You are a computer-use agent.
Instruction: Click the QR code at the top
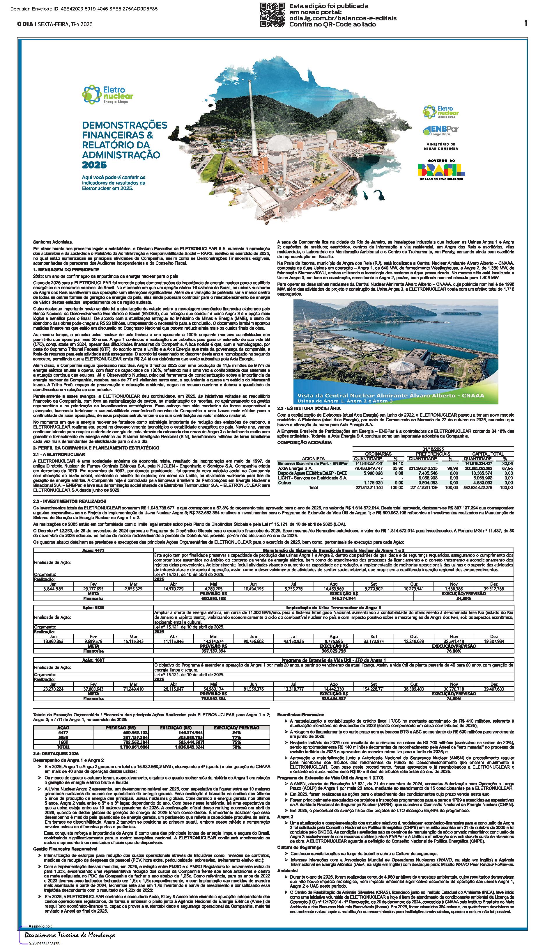coord(272,15)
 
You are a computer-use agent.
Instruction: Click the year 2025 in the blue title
coord(94,165)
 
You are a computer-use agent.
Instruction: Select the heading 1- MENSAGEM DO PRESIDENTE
coord(61,269)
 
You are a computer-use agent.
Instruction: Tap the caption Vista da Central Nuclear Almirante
coord(390,395)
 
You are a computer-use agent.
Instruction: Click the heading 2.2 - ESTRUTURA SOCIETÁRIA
coord(309,408)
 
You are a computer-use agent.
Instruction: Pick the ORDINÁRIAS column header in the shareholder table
coord(378,454)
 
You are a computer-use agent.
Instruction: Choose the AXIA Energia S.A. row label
coord(295,468)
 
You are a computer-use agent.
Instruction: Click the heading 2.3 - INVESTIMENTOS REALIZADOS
coord(70,501)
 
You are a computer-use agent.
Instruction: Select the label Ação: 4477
coord(93,550)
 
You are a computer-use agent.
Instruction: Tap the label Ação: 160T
coord(93,660)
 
